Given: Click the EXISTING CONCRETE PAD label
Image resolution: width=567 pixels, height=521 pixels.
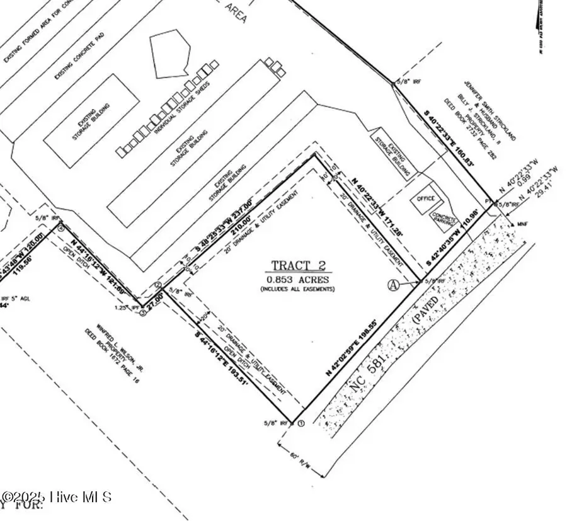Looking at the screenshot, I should click(79, 54).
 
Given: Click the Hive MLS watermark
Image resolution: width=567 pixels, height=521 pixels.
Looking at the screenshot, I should click(57, 497).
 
